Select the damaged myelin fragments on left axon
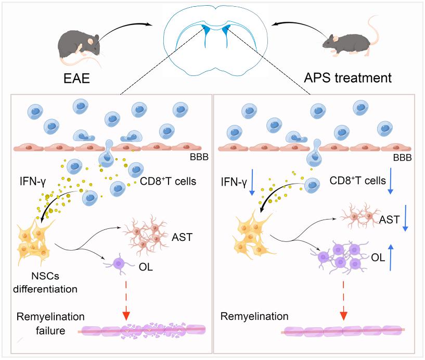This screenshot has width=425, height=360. [x=140, y=330]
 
